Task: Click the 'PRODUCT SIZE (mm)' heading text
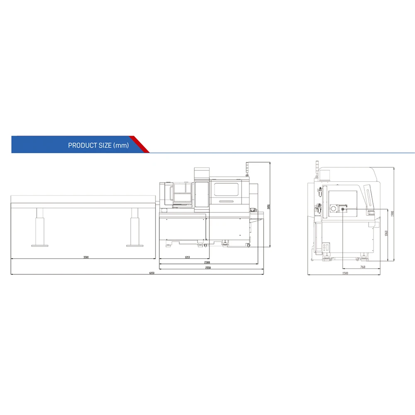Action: (98, 146)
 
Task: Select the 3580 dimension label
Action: (86, 257)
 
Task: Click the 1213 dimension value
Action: (187, 257)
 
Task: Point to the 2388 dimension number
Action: (207, 263)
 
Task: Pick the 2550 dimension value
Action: (208, 268)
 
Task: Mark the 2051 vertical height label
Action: (269, 207)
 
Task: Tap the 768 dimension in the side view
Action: (362, 267)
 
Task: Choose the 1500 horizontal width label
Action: (345, 273)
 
